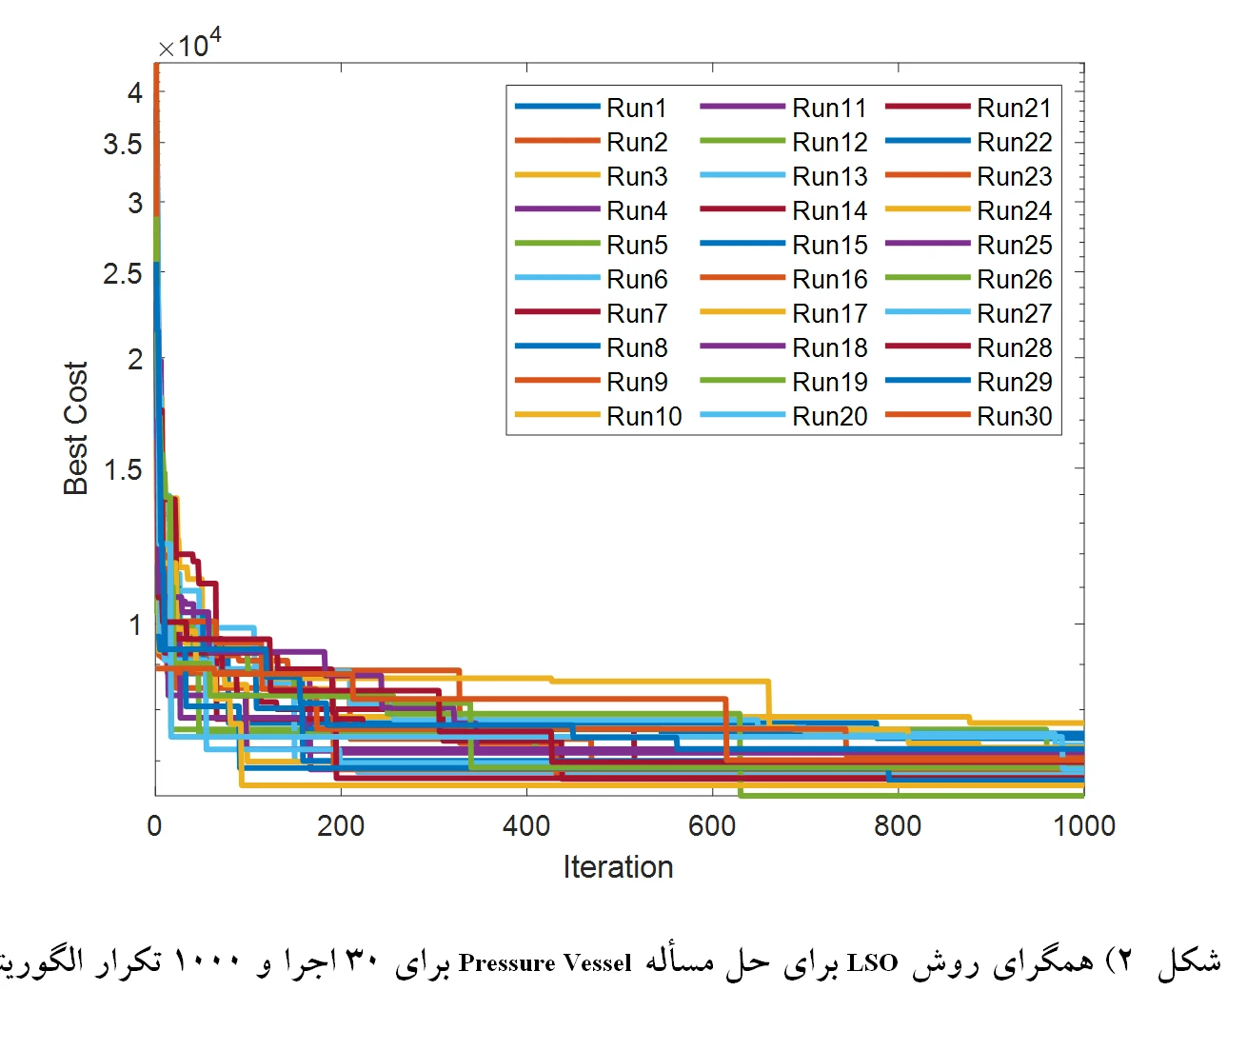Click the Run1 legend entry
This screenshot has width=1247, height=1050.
click(636, 109)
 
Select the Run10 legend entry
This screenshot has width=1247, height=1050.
click(643, 417)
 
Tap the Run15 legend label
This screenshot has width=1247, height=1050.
click(829, 246)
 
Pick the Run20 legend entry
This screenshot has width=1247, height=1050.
click(829, 417)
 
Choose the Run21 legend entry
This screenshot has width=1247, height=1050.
click(1014, 109)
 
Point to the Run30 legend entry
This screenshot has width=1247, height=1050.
click(1014, 417)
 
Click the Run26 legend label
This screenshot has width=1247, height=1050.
click(1014, 280)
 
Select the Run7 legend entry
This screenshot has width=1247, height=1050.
click(636, 314)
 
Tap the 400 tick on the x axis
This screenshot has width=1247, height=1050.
click(526, 825)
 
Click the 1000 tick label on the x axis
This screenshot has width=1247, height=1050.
click(1083, 825)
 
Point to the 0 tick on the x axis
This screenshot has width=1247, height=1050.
click(155, 825)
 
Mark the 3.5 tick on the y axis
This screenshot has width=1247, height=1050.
click(123, 145)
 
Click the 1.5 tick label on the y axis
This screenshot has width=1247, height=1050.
click(123, 469)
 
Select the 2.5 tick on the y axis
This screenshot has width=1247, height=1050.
click(123, 274)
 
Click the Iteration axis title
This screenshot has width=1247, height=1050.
click(618, 867)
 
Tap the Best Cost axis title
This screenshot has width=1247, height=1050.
click(76, 428)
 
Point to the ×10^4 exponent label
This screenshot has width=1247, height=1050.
click(189, 44)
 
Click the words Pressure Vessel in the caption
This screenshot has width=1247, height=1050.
click(544, 963)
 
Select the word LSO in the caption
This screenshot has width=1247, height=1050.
click(872, 963)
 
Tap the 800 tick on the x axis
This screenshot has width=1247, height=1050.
click(898, 825)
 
